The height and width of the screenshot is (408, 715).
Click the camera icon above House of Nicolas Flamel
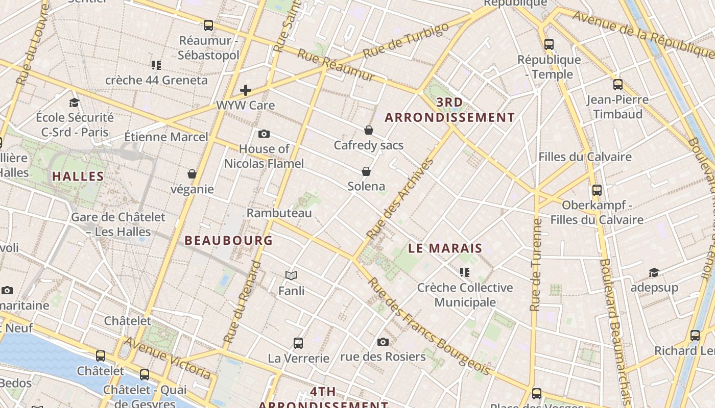click(x=264, y=134)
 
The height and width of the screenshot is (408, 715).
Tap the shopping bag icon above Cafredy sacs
click(x=369, y=130)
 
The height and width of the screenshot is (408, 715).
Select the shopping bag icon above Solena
click(x=366, y=171)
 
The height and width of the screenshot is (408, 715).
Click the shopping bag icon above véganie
click(x=192, y=174)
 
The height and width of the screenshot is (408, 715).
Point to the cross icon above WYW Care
click(x=246, y=90)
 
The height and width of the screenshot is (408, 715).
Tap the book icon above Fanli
click(x=291, y=276)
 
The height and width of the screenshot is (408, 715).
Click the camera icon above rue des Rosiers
click(x=383, y=342)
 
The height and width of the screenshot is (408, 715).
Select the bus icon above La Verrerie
click(x=298, y=343)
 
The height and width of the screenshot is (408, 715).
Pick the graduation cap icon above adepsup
click(x=654, y=272)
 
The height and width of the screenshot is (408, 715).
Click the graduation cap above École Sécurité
click(x=75, y=103)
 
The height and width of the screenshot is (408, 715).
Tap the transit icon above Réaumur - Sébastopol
click(x=208, y=25)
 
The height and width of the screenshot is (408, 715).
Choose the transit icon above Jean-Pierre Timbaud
click(x=618, y=85)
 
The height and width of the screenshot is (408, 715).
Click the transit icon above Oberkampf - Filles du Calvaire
click(x=597, y=190)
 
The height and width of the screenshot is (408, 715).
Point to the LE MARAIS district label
click(x=445, y=248)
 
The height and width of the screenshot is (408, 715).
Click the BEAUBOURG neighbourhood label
click(x=228, y=240)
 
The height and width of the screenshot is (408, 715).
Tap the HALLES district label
click(x=78, y=176)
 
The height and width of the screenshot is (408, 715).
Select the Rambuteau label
click(x=279, y=213)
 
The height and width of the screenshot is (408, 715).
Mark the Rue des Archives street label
click(x=400, y=199)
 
